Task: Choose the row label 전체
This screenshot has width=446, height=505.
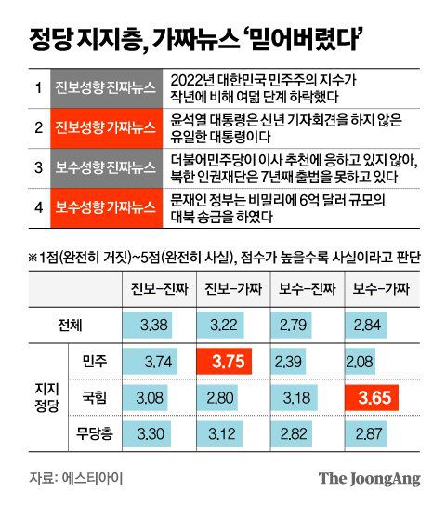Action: pos(70,325)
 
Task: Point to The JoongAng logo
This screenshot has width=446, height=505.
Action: pos(370,479)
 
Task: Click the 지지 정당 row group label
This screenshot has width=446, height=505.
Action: pos(42,399)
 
